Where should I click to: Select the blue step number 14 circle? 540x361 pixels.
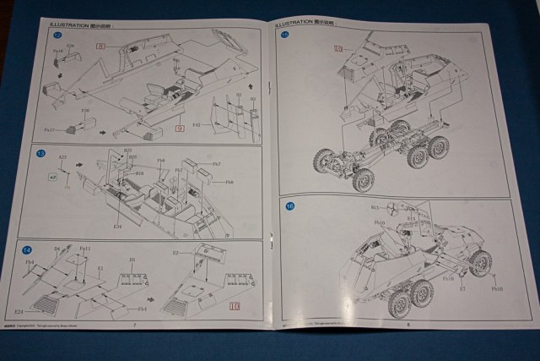tap(29, 249)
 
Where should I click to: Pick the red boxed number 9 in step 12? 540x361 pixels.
tap(179, 128)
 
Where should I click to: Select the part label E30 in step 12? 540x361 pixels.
tap(85, 111)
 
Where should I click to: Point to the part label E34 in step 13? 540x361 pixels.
tap(118, 226)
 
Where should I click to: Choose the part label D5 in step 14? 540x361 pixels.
tap(132, 260)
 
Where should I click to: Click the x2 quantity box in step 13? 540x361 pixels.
tap(52, 178)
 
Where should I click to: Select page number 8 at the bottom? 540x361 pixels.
tap(407, 322)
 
